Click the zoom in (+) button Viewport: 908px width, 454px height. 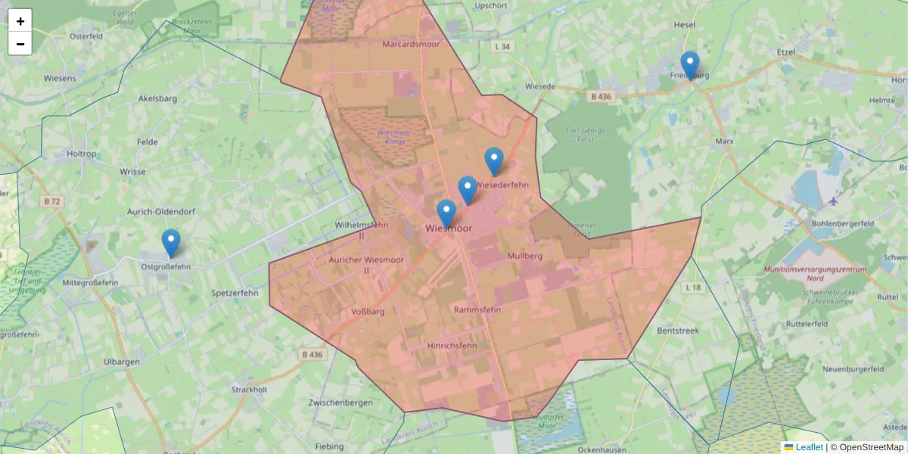point(20,21)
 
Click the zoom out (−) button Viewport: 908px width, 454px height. point(20,44)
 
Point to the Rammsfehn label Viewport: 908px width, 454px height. point(477,310)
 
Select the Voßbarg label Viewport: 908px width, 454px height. point(368,312)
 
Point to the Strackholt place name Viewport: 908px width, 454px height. point(249,390)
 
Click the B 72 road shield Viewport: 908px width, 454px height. point(51,201)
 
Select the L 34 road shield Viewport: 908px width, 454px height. point(502,47)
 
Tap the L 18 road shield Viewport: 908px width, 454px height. point(693,288)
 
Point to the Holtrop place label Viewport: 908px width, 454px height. point(82,154)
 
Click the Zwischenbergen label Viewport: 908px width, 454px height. point(340,403)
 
